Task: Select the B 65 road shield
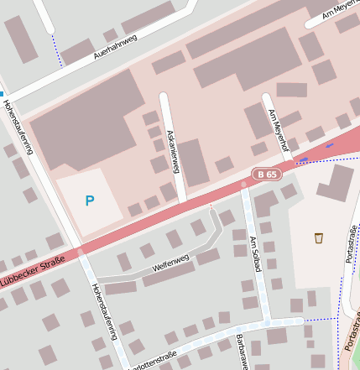pos(267,174)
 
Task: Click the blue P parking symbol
pos(90,201)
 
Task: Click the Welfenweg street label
pos(171,263)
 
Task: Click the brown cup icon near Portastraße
pos(319,238)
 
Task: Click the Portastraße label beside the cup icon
pos(350,243)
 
